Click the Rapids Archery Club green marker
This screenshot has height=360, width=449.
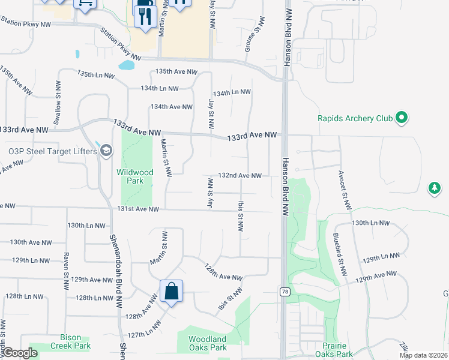(402, 118)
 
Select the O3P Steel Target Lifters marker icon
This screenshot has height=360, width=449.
(106, 150)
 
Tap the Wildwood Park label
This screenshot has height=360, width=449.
(135, 176)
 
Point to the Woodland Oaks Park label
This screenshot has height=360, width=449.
(208, 343)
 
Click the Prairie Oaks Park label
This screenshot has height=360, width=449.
(349, 350)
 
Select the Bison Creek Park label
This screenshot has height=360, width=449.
(67, 341)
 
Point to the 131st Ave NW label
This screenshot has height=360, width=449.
(138, 209)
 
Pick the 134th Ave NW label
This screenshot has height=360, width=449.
(172, 107)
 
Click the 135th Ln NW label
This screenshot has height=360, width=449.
(95, 74)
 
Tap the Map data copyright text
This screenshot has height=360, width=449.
(423, 355)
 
